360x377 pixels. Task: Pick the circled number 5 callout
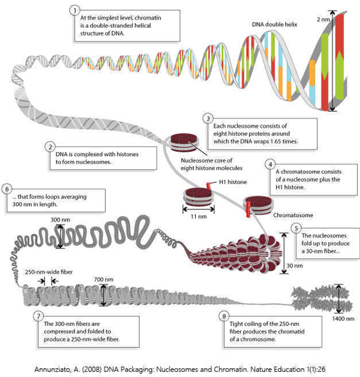pos(296,228)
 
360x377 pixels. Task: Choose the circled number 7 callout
pos(37,315)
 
